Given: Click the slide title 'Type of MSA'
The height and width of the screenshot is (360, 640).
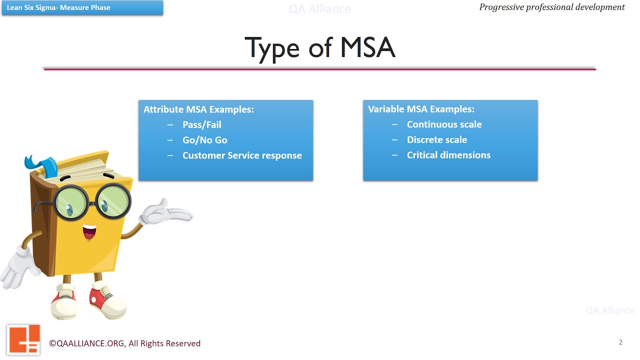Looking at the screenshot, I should tap(320, 48).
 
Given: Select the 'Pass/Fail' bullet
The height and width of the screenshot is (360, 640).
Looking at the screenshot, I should tap(201, 124).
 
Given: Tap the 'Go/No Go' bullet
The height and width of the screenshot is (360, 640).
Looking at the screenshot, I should tap(204, 140).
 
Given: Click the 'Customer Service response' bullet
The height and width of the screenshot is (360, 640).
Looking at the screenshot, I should tap(242, 155).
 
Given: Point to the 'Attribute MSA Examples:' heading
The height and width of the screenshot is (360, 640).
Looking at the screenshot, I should tap(198, 109).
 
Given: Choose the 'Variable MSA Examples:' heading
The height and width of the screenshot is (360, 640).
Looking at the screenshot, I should tap(421, 109).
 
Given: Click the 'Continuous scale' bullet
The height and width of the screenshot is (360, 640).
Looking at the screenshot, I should tap(444, 124).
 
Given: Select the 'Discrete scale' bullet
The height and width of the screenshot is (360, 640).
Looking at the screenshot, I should tap(436, 140).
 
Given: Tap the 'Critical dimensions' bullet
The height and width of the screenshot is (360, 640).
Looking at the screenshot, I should tap(448, 155).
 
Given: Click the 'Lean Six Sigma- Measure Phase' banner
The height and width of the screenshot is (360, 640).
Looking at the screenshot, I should tap(82, 7).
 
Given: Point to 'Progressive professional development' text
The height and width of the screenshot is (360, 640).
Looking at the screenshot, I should tap(551, 7).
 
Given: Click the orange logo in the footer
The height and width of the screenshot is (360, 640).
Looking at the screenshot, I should tap(23, 339).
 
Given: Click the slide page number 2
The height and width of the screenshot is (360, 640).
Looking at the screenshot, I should tap(620, 342).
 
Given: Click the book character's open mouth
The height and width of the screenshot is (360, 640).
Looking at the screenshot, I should tap(89, 232).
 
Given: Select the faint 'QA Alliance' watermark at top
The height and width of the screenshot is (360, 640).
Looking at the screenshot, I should tap(320, 9).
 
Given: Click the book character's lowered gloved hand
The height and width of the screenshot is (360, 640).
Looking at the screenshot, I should tap(20, 267).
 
